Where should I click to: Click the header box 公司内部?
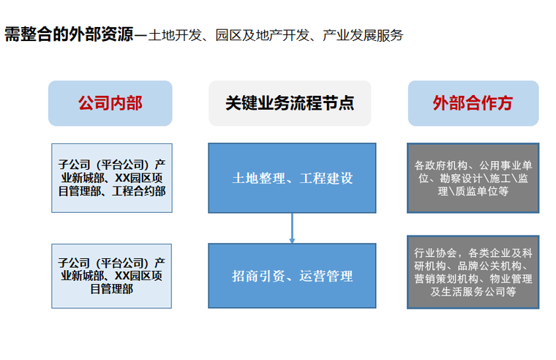point(110,103)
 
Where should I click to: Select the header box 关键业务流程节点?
point(290,103)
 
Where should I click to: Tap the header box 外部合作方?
point(473,103)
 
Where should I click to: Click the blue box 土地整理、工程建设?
point(292,178)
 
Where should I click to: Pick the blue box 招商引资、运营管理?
point(292,276)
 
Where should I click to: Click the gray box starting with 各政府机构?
point(473,178)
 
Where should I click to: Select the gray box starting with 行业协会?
point(473,271)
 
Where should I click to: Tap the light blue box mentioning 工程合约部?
point(112,178)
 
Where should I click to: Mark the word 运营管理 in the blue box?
point(326,276)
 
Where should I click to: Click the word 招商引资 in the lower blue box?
point(257,276)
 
